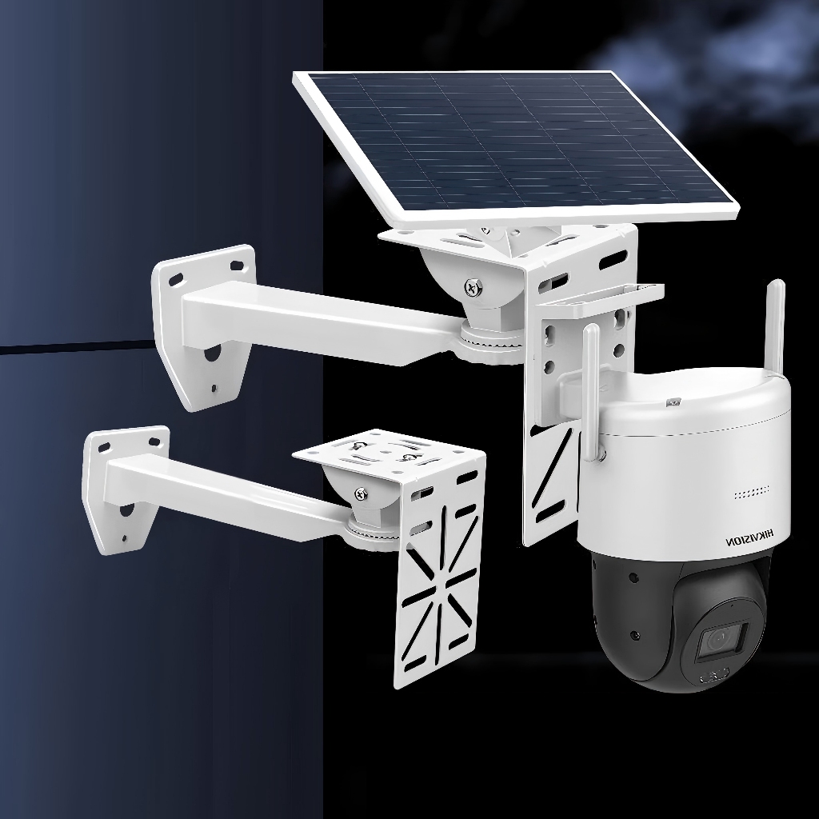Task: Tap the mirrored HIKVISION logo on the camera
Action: pos(750,538)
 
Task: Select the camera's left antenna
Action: pos(591,393)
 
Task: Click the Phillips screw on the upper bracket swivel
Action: pos(473,286)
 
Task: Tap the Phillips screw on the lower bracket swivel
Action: pos(361,493)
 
